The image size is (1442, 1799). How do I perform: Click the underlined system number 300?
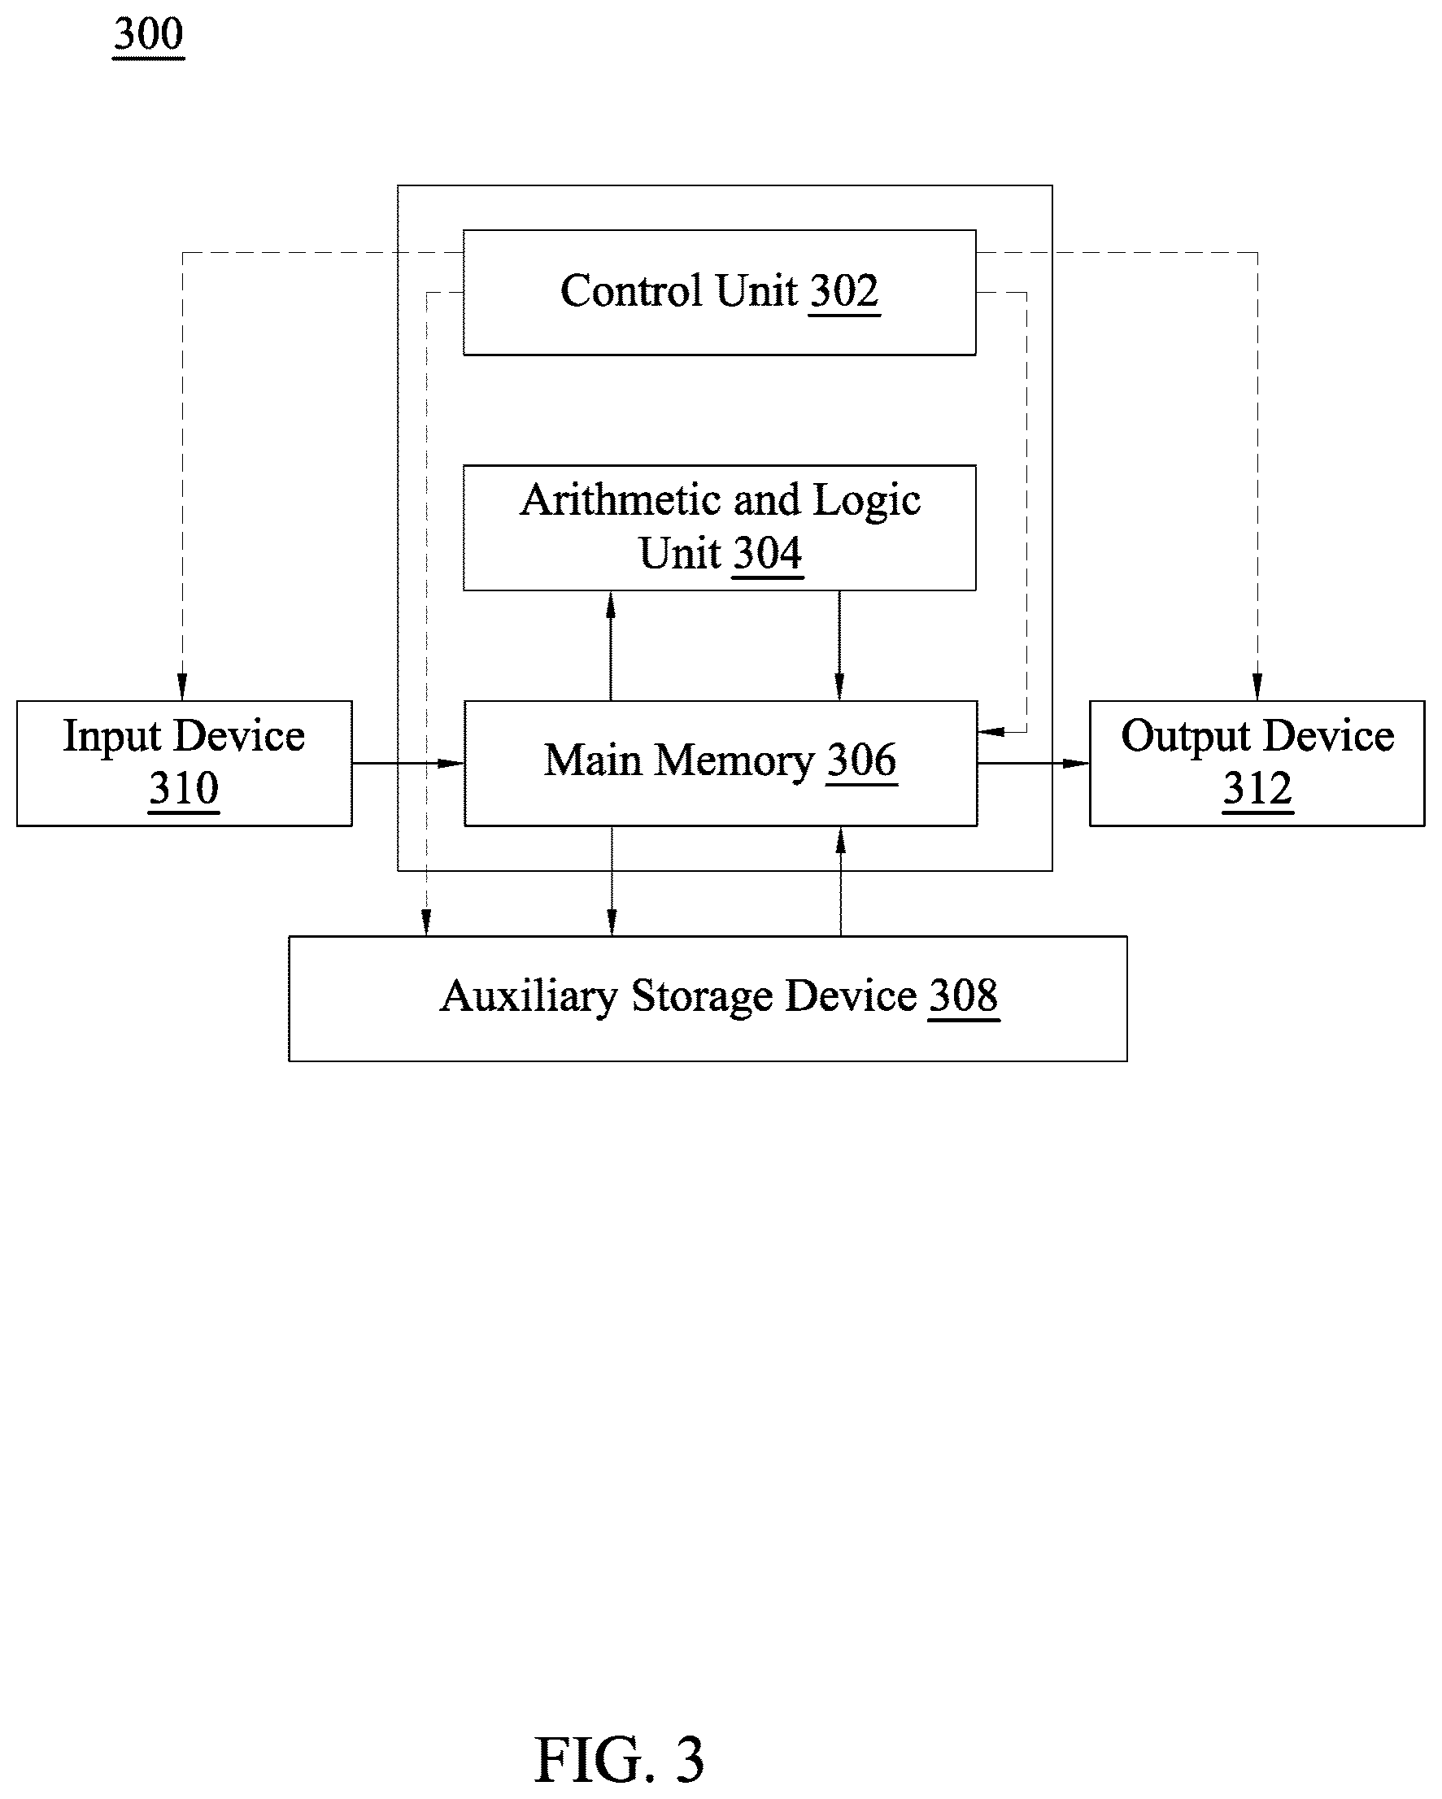tap(149, 34)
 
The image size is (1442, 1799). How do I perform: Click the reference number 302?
tap(844, 291)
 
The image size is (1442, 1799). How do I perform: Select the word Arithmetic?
tap(621, 500)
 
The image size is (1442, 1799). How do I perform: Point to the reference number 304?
tap(768, 553)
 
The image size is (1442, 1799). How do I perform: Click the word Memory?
tap(734, 762)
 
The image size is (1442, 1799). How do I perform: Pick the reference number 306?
tap(862, 760)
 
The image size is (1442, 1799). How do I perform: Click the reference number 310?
tap(185, 789)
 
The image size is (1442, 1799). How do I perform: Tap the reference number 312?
tap(1257, 789)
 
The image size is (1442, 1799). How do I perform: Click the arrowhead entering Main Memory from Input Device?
tap(451, 763)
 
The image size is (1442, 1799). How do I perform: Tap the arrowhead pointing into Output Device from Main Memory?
tap(1077, 763)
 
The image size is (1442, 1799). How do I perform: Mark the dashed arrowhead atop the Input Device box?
tap(183, 686)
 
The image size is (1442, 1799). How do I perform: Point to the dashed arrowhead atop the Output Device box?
tap(1257, 686)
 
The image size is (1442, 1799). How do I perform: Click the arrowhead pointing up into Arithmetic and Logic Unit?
tap(611, 605)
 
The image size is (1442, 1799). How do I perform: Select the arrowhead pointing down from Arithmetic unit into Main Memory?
tap(839, 686)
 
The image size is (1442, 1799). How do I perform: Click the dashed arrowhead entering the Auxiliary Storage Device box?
tap(426, 922)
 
